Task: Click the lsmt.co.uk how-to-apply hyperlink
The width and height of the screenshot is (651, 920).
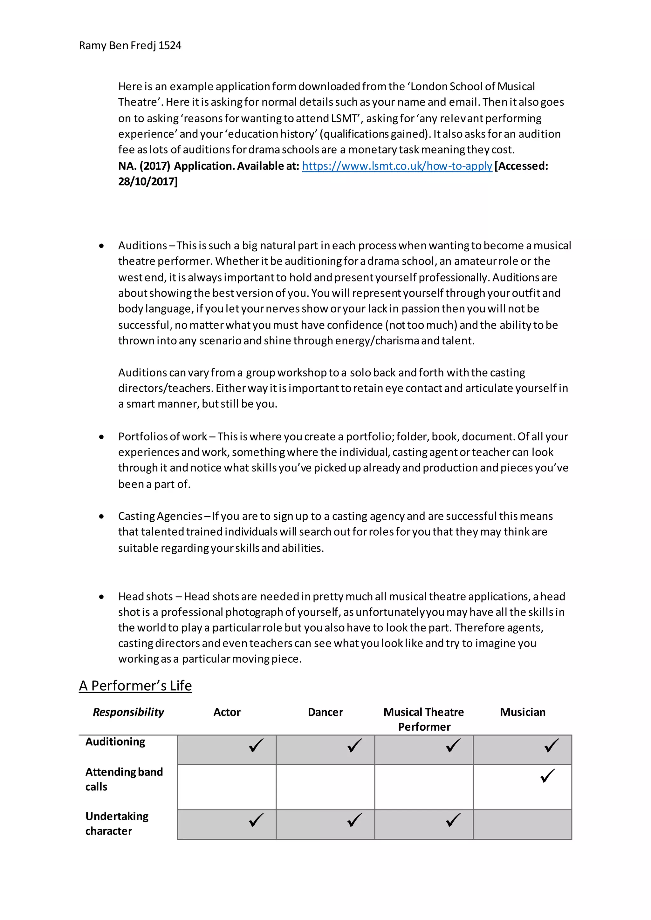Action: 397,166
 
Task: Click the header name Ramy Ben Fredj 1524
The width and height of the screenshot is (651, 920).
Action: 130,46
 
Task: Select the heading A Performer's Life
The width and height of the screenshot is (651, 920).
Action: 135,686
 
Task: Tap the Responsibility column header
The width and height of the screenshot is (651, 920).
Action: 128,712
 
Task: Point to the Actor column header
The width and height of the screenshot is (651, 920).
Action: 227,712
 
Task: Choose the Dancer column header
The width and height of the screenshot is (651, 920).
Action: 325,712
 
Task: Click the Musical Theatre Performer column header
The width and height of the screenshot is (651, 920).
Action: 424,719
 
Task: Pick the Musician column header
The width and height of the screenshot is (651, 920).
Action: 522,712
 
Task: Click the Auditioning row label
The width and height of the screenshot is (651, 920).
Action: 115,742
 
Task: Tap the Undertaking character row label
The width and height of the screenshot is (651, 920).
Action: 117,823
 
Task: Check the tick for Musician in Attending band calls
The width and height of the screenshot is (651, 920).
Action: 548,776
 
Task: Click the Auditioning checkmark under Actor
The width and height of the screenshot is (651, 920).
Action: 256,745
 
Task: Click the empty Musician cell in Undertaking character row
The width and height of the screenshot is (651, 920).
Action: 522,824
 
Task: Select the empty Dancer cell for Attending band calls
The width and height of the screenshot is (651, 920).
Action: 325,787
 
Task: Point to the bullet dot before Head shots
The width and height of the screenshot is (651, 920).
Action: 101,597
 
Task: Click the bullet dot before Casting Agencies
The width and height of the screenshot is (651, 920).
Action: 101,517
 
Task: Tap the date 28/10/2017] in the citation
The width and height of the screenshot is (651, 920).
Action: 147,181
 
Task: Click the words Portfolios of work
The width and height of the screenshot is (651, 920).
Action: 162,436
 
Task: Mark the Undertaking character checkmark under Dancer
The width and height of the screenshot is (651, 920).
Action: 354,820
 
